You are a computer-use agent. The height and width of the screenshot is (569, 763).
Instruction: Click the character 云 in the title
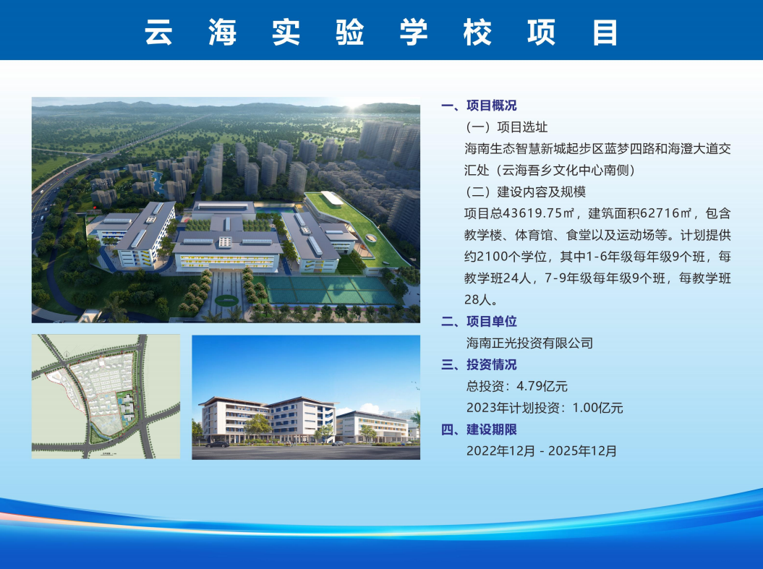158,32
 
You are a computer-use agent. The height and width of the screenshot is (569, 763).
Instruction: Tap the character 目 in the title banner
605,32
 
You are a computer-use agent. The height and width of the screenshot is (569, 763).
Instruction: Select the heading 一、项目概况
479,106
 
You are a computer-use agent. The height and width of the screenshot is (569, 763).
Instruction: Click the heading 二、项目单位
479,322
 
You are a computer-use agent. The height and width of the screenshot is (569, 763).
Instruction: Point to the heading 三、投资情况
479,364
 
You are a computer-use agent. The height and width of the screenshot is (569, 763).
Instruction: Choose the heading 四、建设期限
479,429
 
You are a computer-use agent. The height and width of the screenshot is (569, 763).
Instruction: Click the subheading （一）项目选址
506,127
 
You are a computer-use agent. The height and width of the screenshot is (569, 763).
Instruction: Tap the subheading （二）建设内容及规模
525,192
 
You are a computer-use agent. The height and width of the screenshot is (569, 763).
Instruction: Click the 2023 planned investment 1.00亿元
597,408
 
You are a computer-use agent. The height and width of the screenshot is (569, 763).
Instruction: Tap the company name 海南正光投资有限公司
529,343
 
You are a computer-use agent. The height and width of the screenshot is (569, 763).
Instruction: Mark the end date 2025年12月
582,451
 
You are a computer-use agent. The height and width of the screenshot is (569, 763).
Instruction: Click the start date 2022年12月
500,451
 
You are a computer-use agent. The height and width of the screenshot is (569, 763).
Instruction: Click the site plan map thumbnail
106,396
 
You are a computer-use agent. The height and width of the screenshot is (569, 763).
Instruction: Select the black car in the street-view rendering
218,444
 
